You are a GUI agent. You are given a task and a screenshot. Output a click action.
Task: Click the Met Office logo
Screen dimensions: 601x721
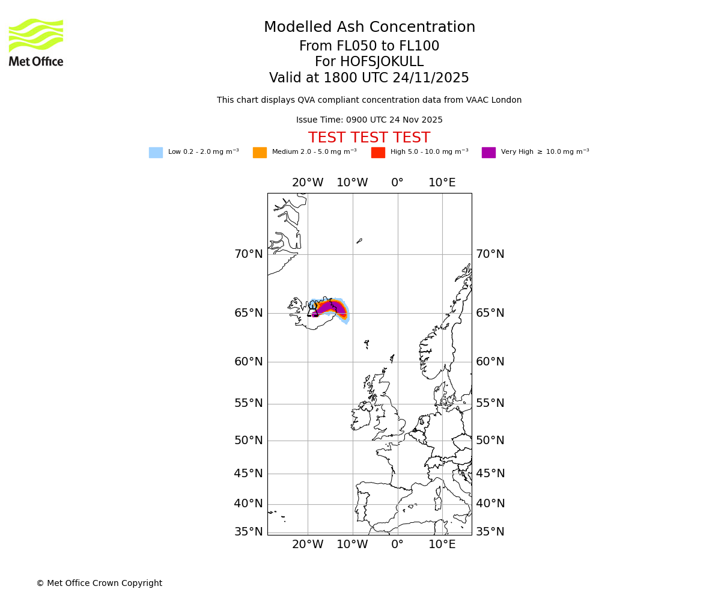(x=36, y=42)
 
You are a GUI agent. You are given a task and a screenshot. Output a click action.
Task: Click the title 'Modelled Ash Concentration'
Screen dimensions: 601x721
(x=370, y=28)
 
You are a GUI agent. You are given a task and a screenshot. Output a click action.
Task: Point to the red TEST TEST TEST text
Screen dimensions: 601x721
(x=369, y=138)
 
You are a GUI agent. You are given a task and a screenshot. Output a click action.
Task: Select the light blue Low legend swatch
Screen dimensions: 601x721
(x=156, y=153)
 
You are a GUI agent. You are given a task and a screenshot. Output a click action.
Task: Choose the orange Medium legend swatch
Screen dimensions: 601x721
(x=260, y=153)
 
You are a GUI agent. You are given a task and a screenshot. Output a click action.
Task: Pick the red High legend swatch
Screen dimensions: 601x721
(x=378, y=153)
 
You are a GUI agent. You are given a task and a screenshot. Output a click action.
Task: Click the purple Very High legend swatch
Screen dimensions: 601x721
(x=488, y=153)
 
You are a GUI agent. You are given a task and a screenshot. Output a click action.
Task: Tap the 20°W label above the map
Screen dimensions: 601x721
(x=308, y=183)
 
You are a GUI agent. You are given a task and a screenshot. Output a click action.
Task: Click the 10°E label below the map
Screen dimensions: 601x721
(x=442, y=545)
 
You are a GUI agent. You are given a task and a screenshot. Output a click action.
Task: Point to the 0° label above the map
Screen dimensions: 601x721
(x=397, y=183)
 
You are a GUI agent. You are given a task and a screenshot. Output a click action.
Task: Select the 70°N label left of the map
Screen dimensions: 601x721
(x=249, y=254)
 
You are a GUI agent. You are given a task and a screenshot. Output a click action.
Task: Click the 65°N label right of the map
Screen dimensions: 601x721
(x=490, y=313)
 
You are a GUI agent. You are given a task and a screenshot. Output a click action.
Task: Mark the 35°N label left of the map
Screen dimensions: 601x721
(x=249, y=532)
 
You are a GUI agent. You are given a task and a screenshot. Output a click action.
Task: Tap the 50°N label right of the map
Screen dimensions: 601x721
(x=490, y=441)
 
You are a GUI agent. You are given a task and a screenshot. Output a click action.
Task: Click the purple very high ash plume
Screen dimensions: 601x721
(x=331, y=308)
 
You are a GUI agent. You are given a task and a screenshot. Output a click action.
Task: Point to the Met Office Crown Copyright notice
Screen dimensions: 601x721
(x=99, y=584)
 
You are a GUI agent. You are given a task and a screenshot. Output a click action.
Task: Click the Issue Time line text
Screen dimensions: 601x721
(x=369, y=120)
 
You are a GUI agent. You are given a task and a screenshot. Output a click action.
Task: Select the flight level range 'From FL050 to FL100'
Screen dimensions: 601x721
(x=369, y=46)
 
